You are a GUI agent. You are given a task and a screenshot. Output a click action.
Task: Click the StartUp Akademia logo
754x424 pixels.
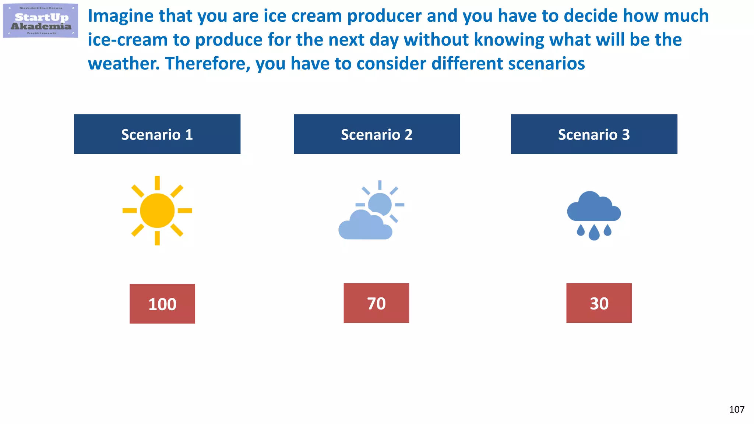tap(40, 21)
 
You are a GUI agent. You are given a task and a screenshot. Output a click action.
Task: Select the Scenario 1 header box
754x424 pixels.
tap(157, 134)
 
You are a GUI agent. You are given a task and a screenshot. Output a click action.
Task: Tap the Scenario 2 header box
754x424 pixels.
tap(377, 134)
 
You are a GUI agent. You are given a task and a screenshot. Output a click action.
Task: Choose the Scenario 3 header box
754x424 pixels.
tap(594, 134)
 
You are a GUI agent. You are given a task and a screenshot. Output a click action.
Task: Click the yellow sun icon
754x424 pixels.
tap(157, 211)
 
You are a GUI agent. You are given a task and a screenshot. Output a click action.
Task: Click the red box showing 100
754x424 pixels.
tap(162, 304)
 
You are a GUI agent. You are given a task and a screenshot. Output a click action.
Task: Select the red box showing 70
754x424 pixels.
tap(376, 303)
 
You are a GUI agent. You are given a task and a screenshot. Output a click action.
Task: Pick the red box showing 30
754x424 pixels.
tap(599, 303)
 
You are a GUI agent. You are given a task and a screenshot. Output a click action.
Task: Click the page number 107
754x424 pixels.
tap(737, 409)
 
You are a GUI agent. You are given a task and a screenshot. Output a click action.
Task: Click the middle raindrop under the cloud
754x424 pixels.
tap(594, 233)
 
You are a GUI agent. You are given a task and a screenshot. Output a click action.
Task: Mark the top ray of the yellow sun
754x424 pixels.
tap(157, 183)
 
